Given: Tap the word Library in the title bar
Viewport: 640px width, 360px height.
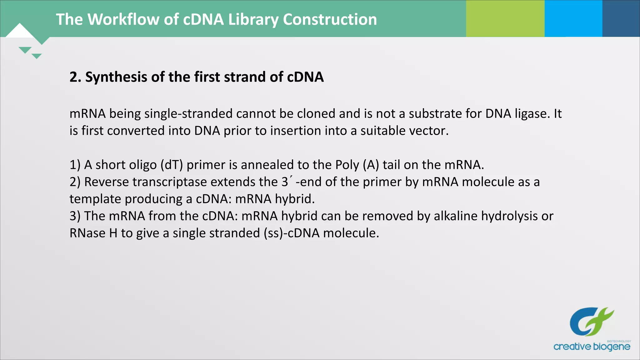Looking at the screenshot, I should tap(253, 19).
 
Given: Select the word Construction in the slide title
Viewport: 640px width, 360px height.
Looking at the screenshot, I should tap(330, 19).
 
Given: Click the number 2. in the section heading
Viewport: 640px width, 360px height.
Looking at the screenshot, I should tap(75, 77).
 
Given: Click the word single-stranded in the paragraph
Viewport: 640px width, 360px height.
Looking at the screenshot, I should tap(188, 113).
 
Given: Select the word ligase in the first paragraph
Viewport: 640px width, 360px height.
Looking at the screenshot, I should tap(532, 113).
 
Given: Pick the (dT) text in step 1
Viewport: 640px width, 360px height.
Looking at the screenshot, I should tap(172, 165).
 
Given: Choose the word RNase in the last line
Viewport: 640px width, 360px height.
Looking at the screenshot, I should tap(87, 233).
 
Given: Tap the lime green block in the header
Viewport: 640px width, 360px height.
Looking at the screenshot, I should tap(505, 18).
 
